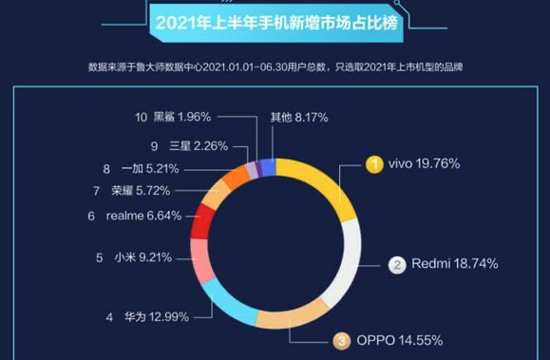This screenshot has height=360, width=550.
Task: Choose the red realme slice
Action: pyautogui.click(x=200, y=221)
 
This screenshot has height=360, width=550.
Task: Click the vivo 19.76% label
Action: pyautogui.click(x=424, y=163)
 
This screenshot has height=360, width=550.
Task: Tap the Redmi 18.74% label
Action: pyautogui.click(x=455, y=264)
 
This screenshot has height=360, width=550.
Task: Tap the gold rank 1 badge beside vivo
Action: pyautogui.click(x=375, y=163)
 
